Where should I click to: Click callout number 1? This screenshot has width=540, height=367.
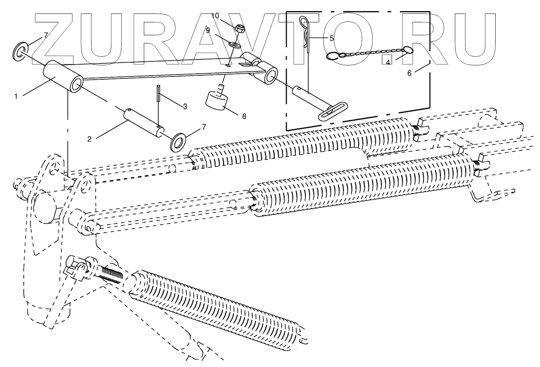pyautogui.click(x=16, y=96)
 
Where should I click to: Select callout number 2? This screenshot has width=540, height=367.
pyautogui.click(x=90, y=139)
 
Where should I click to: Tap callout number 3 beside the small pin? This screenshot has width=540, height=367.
pyautogui.click(x=185, y=106)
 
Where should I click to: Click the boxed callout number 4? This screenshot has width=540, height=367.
pyautogui.click(x=388, y=62)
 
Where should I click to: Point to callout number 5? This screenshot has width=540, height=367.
pyautogui.click(x=332, y=38)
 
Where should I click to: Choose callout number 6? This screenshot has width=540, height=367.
pyautogui.click(x=409, y=73)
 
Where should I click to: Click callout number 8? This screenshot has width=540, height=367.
pyautogui.click(x=244, y=116)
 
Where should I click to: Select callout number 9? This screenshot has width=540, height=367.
pyautogui.click(x=208, y=30)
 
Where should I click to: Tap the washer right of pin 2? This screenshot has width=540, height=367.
pyautogui.click(x=179, y=142)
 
